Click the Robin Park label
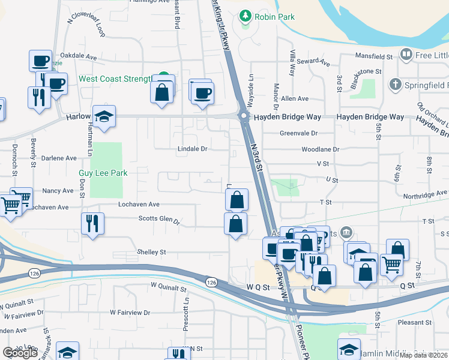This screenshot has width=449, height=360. coord(274,17)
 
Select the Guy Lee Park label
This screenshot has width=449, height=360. coord(103,173)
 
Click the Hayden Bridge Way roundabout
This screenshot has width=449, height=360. coord(244,116)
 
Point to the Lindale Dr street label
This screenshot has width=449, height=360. coord(192,148)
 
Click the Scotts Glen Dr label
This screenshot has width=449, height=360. coord(159,220)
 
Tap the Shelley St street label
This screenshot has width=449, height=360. coord(151,252)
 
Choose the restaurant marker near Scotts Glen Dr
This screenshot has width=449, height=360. coord(92,223)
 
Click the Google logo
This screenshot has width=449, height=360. coord(20,353)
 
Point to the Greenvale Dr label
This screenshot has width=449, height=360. coord(298,133)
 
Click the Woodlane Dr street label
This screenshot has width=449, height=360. coord(321,149)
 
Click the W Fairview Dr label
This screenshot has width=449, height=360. coord(130,313)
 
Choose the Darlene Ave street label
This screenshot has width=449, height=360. coord(59,158)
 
